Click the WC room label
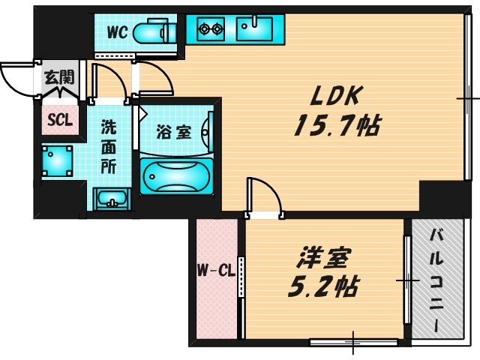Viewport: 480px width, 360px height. click(117, 32)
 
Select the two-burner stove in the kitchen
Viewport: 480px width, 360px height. click(211, 30)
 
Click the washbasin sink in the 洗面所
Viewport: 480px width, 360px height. click(111, 199)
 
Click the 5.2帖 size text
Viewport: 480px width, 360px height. click(323, 286)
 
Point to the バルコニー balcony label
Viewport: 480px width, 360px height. click(434, 281)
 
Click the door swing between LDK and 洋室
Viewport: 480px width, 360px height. click(264, 196)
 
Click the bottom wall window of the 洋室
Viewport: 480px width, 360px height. click(352, 343)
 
